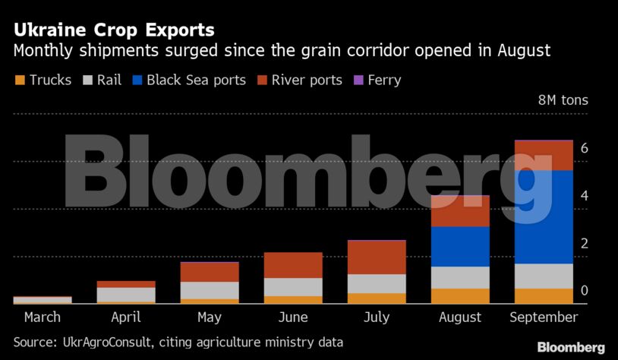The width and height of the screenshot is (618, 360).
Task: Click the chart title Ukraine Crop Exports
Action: click(113, 31)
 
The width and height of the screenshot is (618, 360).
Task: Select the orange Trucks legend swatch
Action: click(20, 80)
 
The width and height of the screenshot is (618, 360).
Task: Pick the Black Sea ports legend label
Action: click(196, 80)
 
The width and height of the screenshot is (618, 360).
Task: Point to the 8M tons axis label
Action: click(563, 100)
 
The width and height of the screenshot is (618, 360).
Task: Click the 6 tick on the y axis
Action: click(585, 149)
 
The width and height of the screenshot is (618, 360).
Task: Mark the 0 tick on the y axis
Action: click(585, 291)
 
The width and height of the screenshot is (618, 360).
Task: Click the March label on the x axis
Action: click(43, 317)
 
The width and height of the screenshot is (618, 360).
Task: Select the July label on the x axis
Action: click(377, 317)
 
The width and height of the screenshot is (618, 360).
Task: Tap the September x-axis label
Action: click(544, 317)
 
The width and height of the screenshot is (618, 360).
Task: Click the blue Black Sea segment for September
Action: click(544, 216)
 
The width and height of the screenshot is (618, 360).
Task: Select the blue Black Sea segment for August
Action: click(460, 246)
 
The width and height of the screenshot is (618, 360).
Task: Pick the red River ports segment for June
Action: click(293, 265)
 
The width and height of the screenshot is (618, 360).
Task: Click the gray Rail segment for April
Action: click(126, 295)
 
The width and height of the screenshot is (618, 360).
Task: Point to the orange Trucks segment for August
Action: click(460, 296)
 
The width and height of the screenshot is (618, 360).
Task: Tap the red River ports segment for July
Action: click(377, 257)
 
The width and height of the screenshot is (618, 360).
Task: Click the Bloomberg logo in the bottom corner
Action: click(571, 347)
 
